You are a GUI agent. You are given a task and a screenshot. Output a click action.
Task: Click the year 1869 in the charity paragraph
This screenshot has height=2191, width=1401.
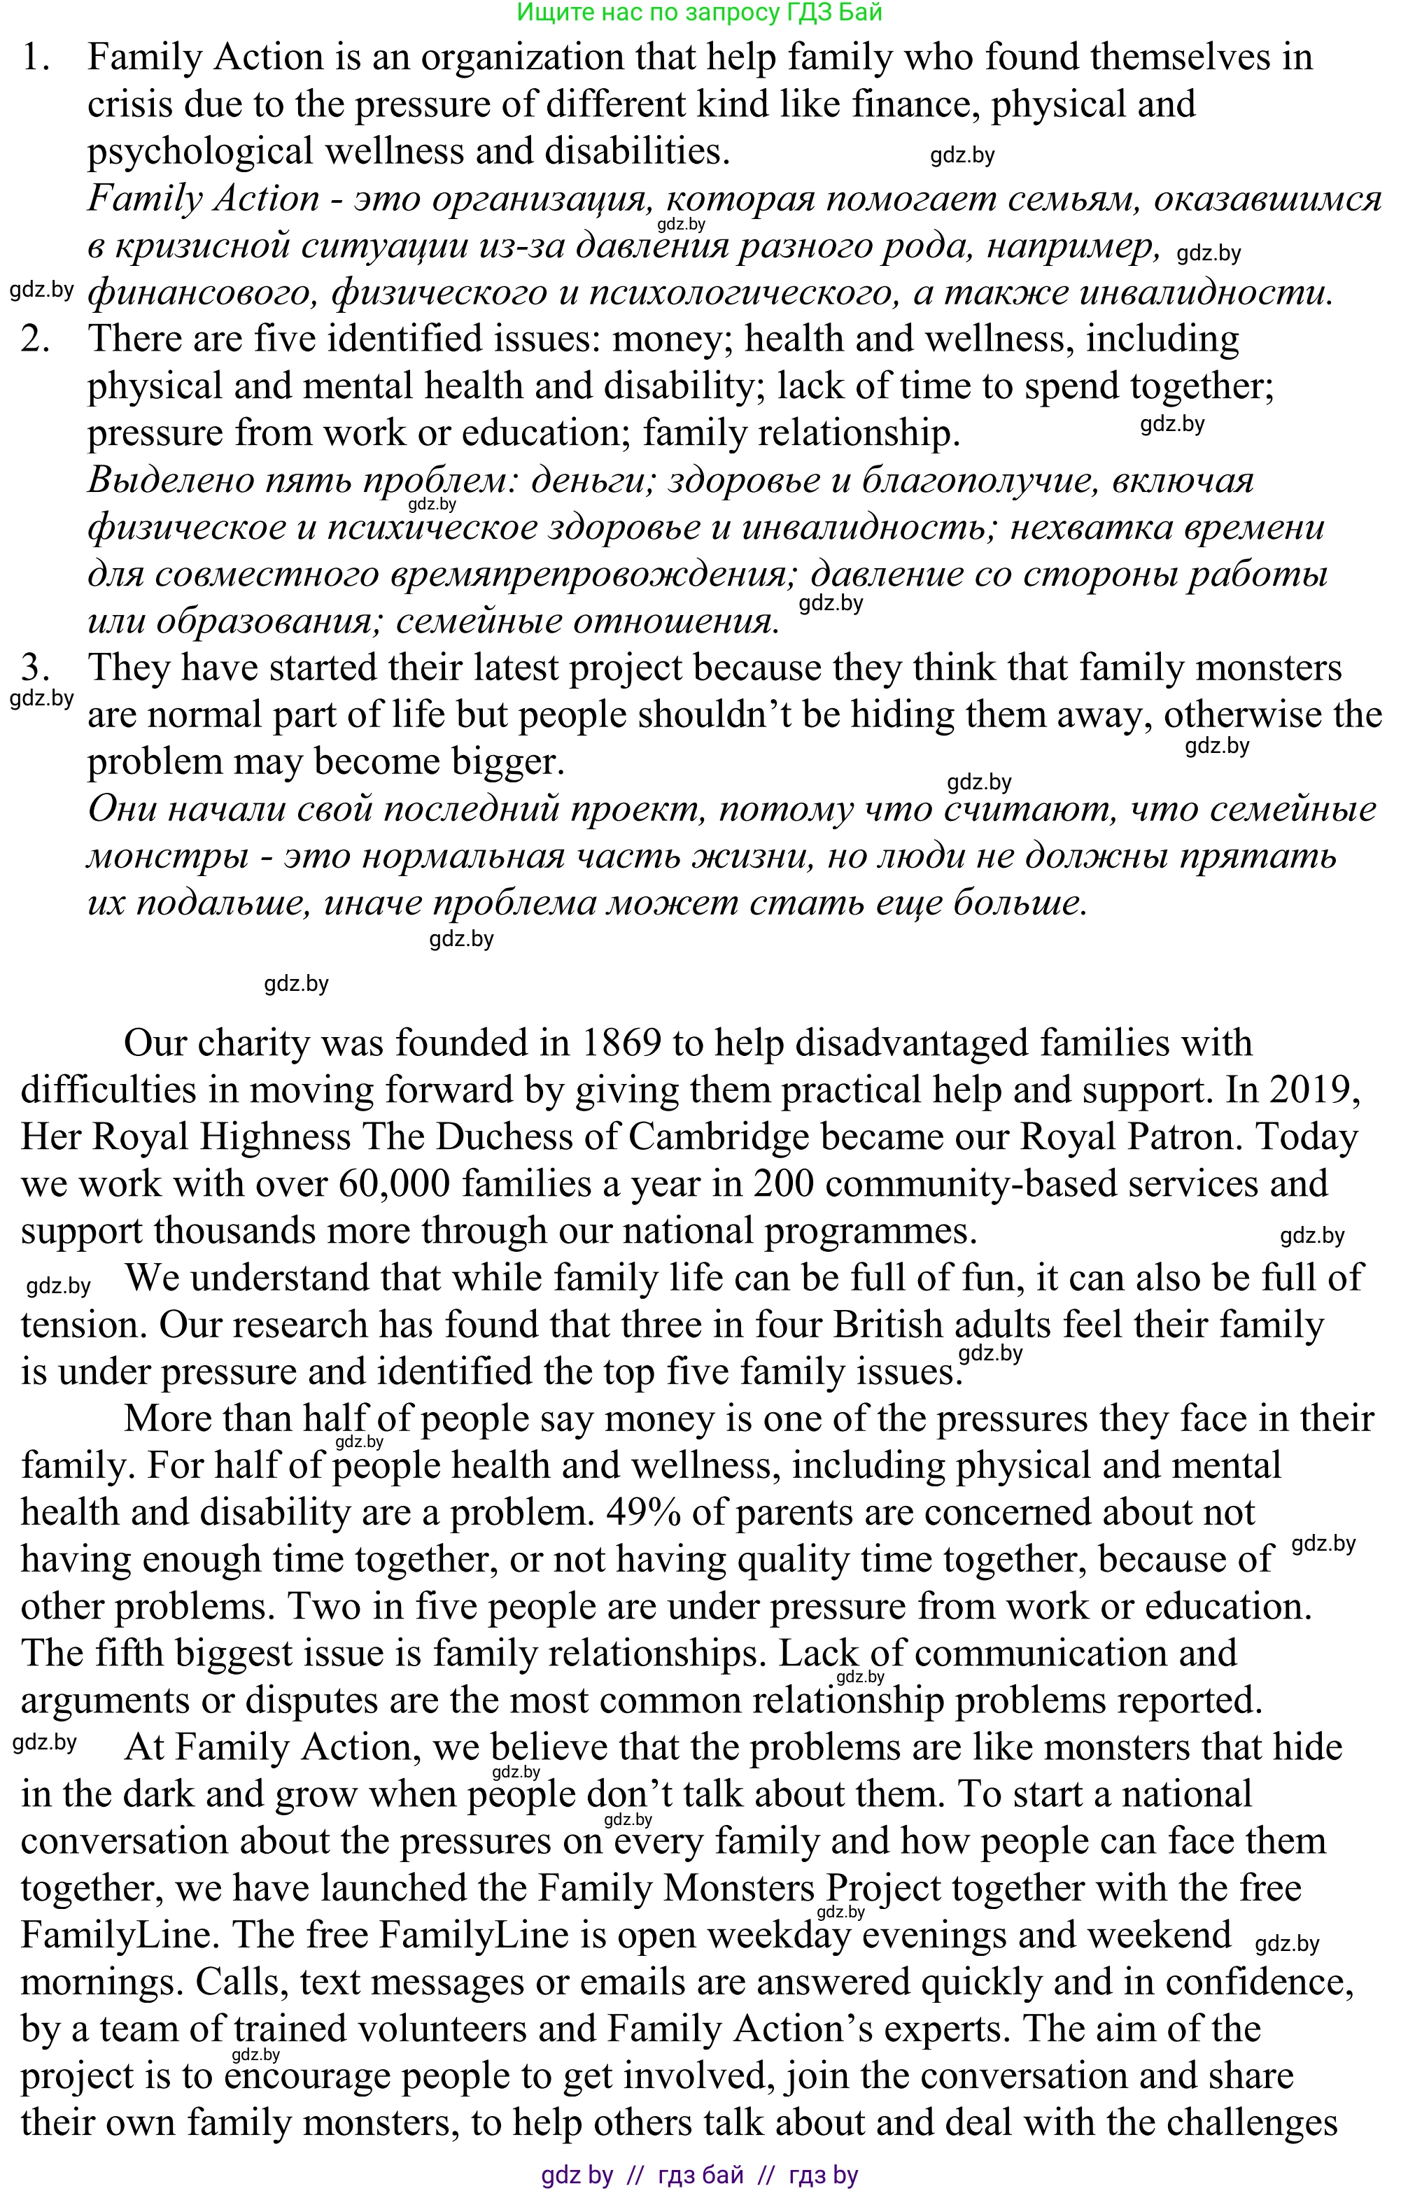(619, 1043)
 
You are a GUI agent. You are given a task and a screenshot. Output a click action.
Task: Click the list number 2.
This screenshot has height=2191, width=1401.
(36, 339)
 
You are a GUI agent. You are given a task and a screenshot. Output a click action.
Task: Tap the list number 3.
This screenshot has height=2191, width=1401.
(36, 669)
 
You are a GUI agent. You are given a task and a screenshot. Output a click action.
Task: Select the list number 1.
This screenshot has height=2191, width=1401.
(36, 58)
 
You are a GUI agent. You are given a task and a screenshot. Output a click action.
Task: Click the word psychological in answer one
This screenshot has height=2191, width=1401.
(200, 152)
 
